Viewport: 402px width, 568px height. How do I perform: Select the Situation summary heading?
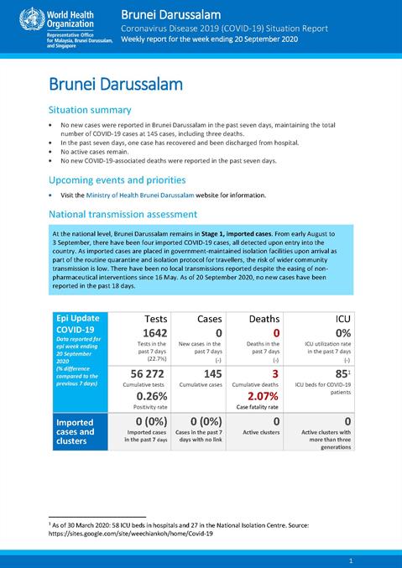(90, 110)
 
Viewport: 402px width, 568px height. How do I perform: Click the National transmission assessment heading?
(123, 214)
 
